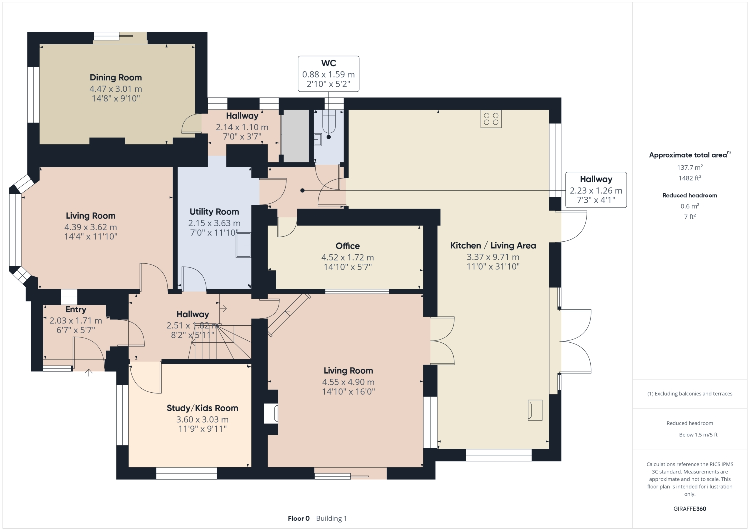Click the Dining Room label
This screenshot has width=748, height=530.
click(116, 78)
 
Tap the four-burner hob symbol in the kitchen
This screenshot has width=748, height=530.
click(491, 119)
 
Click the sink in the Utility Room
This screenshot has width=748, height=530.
click(243, 245)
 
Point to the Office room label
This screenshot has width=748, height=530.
click(348, 246)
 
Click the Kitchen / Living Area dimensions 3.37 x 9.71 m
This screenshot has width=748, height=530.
click(493, 257)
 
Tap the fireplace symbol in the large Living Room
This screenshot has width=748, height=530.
click(272, 413)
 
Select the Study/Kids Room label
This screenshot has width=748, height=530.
click(202, 408)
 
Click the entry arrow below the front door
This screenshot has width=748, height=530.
click(89, 372)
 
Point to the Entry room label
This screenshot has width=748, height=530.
click(76, 310)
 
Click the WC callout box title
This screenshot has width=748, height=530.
click(328, 63)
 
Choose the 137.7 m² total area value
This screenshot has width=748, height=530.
click(690, 168)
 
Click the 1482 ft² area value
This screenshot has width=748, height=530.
click(690, 178)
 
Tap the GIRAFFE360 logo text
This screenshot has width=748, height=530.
click(690, 509)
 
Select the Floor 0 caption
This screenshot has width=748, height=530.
click(299, 518)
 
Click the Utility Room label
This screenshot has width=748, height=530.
click(214, 212)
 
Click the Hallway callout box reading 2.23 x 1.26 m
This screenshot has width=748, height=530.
click(596, 190)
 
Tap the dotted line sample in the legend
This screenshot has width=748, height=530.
click(668, 435)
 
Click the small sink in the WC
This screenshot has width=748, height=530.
click(318, 139)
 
